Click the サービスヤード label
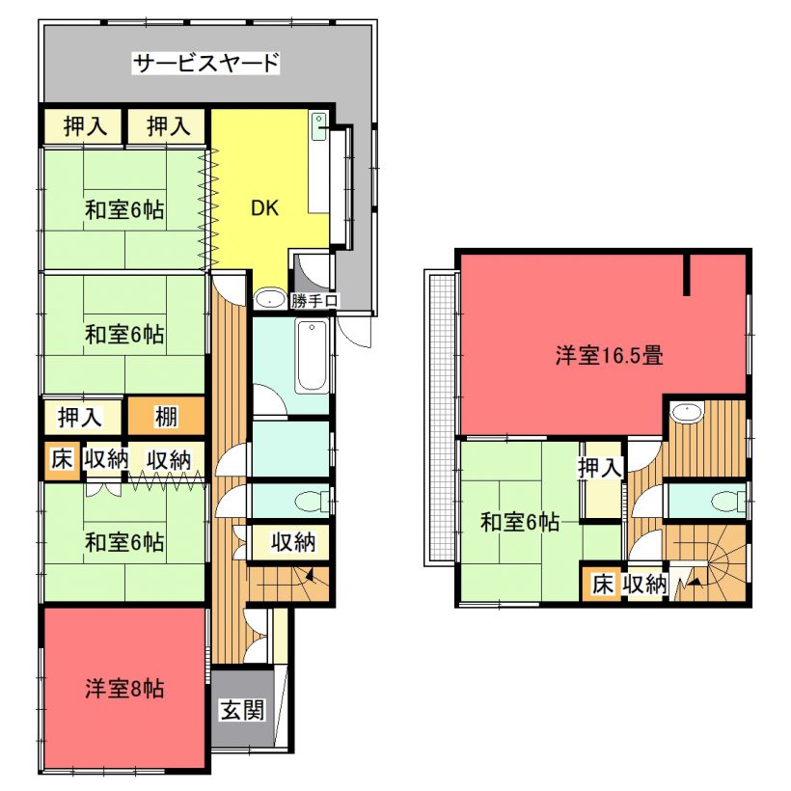[x=205, y=63]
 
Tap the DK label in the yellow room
[x=265, y=207]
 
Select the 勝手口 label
[x=314, y=301]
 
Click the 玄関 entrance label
[x=243, y=710]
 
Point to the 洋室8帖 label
[x=124, y=688]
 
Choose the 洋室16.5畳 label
[x=609, y=355]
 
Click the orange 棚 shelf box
[x=166, y=416]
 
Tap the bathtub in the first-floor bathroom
[x=312, y=356]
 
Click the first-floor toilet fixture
[x=311, y=502]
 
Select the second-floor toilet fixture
[x=728, y=502]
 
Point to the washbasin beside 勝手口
[x=270, y=299]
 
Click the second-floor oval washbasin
[x=687, y=412]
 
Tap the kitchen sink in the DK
[x=319, y=126]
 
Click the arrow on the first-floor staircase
[x=310, y=575]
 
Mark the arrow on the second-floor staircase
[x=695, y=582]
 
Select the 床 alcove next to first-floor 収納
[x=62, y=460]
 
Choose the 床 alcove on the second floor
[x=601, y=584]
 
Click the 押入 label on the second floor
[x=600, y=468]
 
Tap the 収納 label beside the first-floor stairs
[x=292, y=542]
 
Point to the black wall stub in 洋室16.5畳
[x=686, y=275]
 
